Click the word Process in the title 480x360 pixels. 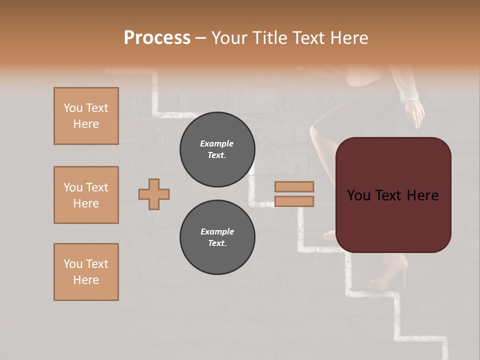click(x=157, y=38)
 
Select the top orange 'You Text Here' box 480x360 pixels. click(x=86, y=116)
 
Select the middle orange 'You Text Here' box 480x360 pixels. click(x=86, y=195)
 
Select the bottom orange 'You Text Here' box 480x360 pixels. click(x=86, y=272)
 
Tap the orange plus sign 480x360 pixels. click(x=154, y=194)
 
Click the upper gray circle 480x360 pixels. click(x=217, y=149)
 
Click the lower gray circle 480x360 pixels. click(x=217, y=237)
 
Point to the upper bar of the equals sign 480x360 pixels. click(x=294, y=186)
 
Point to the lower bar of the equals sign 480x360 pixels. click(x=294, y=201)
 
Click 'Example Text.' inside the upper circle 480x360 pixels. click(x=217, y=149)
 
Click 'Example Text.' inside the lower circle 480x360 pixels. click(x=217, y=237)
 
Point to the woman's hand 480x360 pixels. click(x=414, y=114)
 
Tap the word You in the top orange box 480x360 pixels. click(x=72, y=108)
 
